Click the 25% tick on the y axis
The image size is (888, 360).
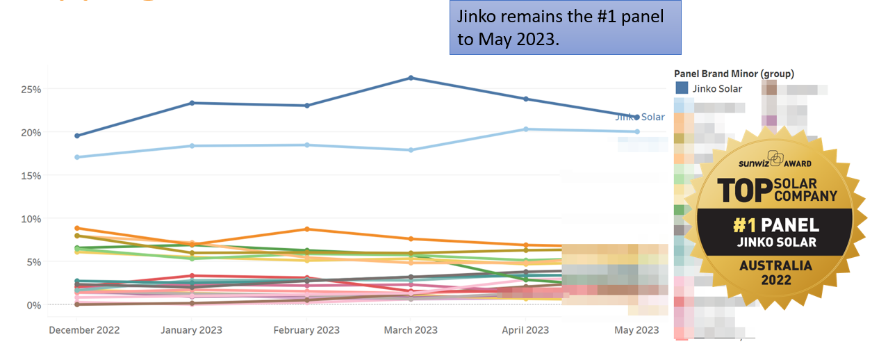31,90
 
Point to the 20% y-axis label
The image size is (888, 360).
31,133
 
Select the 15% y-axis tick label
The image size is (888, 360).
31,176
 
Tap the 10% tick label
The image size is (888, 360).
31,219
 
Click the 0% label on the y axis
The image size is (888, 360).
34,305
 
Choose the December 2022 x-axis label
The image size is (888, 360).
84,330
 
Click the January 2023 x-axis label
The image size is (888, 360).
192,330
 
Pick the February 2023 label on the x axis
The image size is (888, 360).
306,330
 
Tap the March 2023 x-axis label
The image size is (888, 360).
411,330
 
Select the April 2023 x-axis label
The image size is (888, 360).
525,330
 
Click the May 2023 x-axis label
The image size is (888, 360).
636,330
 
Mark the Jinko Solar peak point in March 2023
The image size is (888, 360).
411,78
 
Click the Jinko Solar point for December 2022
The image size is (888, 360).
77,136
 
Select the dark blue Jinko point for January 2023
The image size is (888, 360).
192,103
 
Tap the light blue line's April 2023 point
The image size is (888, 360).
525,129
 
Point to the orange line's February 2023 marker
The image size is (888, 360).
306,229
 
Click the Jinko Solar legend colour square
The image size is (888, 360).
682,88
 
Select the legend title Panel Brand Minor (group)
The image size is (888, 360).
734,74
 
